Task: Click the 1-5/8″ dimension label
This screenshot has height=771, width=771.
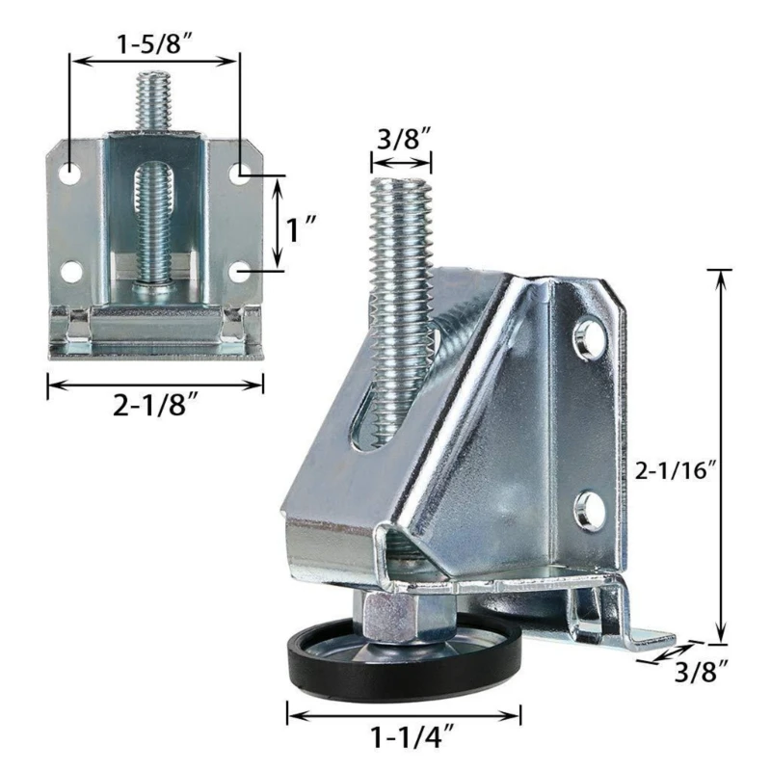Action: click(153, 42)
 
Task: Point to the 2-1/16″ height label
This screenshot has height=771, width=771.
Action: click(678, 471)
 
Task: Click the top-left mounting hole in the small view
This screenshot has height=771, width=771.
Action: click(71, 174)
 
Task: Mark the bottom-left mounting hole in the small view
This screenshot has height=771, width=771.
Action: click(71, 271)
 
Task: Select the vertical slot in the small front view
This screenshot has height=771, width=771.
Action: click(153, 217)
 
